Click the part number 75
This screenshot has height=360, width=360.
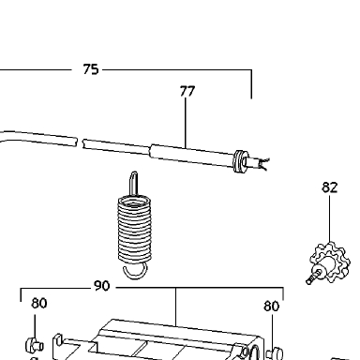(91, 69)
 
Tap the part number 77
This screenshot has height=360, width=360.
(187, 91)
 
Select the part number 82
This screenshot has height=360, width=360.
(330, 187)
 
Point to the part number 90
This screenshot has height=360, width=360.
(102, 286)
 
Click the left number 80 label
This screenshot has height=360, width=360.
(39, 303)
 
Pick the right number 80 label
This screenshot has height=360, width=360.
(271, 307)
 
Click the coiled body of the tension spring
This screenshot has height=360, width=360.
(135, 229)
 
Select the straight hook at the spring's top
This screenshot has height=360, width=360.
(133, 184)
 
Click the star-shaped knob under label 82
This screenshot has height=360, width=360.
(331, 262)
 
